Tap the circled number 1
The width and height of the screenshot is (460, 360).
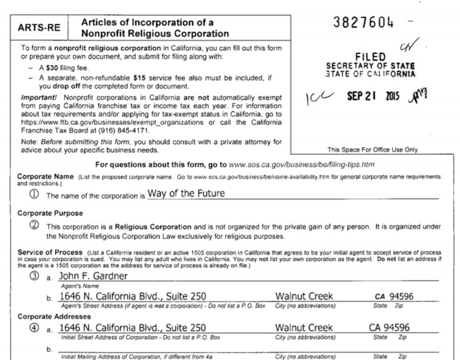point(36,194)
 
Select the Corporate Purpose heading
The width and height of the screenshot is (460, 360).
point(48,213)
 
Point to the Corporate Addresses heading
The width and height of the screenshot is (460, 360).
point(52,317)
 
